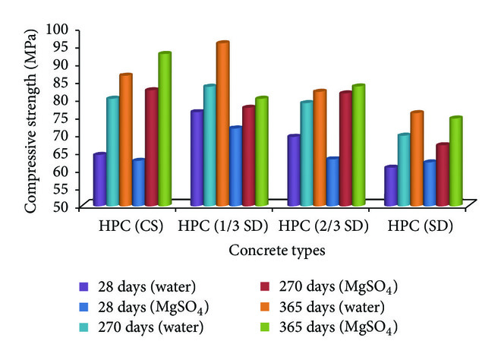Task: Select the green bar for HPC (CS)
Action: coord(164,129)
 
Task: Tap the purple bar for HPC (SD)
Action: coord(390,186)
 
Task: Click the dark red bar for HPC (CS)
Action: coord(151,147)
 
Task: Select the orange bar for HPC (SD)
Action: coord(416,159)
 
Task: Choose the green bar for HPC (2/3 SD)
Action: coord(358,145)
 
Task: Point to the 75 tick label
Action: coord(61,118)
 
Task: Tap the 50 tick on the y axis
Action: coord(61,206)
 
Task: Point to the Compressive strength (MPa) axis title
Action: coord(31,118)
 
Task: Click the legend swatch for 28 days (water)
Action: coord(84,287)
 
